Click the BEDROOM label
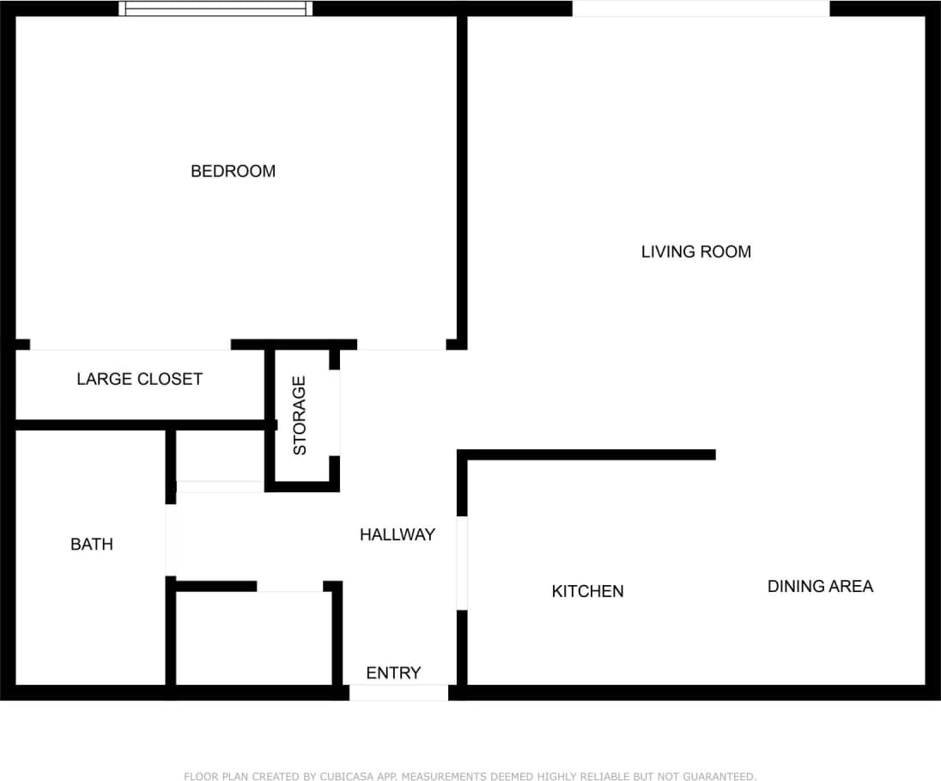coord(233,171)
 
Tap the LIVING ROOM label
coord(695,252)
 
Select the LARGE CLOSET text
coord(139,379)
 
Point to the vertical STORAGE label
coord(300,416)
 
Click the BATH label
coord(91,544)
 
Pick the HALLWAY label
coord(397,534)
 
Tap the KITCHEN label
coord(587,591)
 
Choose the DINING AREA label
coord(819,586)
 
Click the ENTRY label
coord(393,673)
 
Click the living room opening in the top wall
coord(701,9)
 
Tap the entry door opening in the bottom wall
coord(398,693)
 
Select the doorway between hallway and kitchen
coord(462,563)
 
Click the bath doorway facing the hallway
coord(171,540)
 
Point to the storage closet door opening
coord(335,413)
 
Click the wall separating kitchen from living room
coord(589,455)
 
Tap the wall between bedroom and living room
coord(462,180)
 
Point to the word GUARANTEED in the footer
coord(719,777)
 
